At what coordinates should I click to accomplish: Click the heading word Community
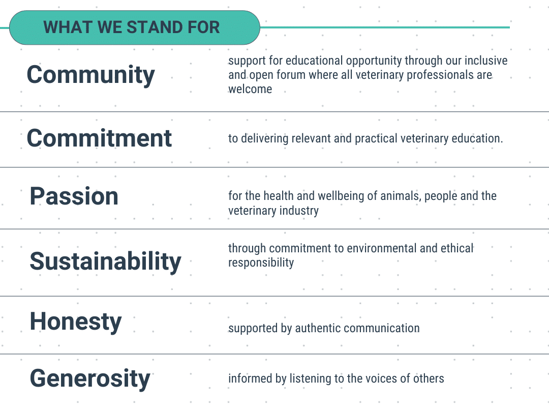pos(90,75)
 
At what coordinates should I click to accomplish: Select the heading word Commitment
pos(99,138)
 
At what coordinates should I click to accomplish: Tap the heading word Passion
pos(74,196)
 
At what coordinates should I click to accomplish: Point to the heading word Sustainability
pos(105,261)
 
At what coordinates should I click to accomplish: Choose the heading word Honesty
pos(76,322)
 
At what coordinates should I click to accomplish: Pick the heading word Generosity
pos(90,379)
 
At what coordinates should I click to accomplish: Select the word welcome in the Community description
pos(250,89)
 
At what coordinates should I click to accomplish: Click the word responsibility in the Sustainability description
pos(261,263)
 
